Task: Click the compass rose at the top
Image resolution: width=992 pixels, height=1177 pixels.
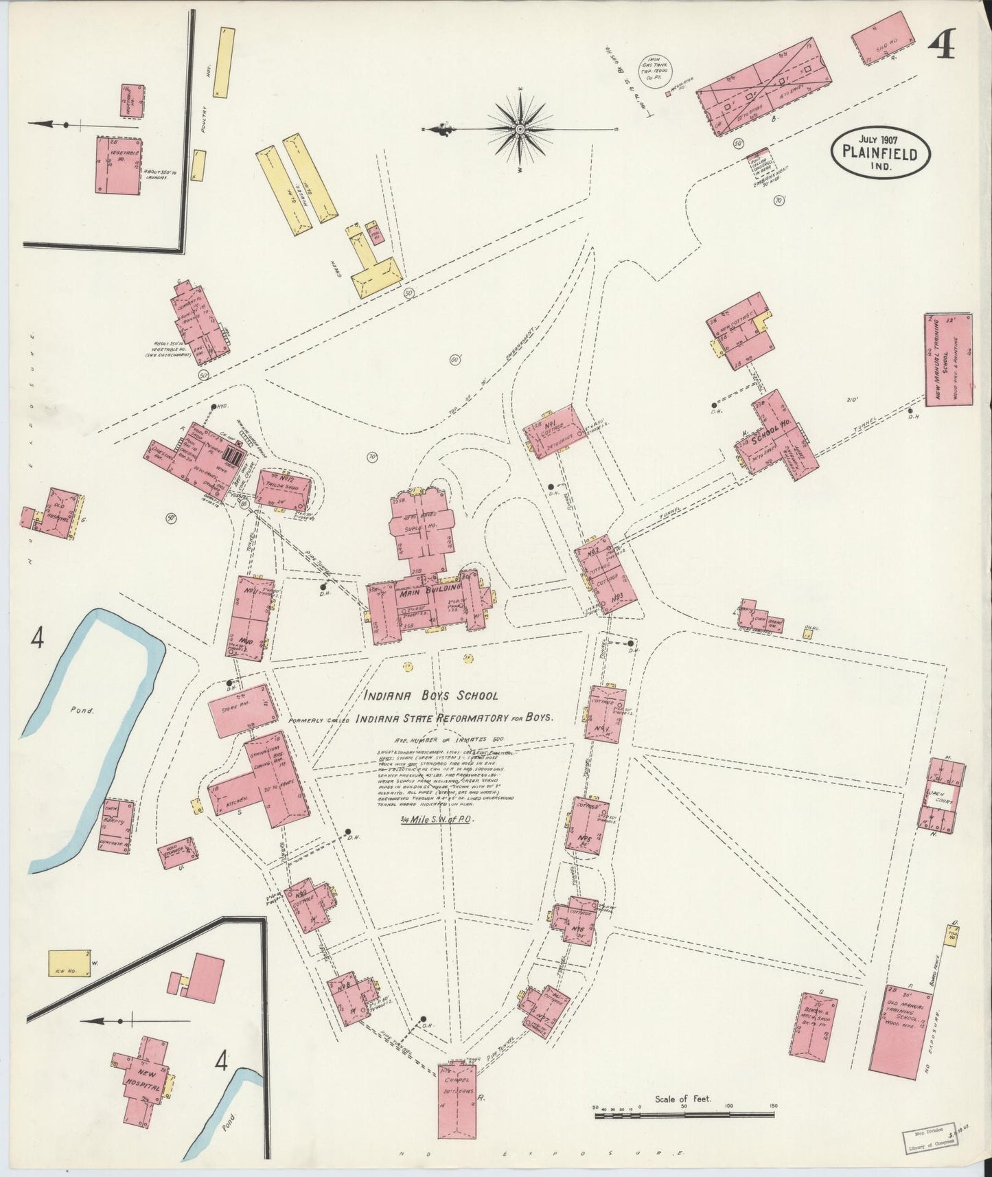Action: [x=520, y=128]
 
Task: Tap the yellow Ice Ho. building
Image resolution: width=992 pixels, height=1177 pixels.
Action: [x=69, y=963]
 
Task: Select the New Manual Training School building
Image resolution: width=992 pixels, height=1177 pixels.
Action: [x=948, y=359]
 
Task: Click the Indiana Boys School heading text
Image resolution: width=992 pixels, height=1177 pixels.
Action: [x=432, y=696]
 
